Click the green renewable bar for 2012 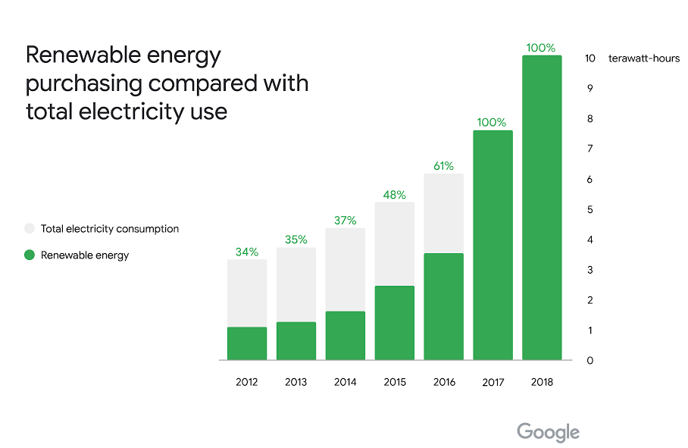pos(247,343)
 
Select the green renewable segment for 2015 pos(395,323)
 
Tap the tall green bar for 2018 pos(542,208)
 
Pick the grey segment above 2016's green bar pos(444,213)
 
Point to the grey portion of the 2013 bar pos(296,284)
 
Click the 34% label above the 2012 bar pos(247,252)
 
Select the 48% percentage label pos(395,194)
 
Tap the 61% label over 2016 pos(444,166)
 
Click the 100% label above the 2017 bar pos(493,122)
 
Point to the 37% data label pos(346,221)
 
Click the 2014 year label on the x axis pos(346,382)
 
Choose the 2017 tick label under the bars pos(493,382)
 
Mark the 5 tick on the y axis pos(589,210)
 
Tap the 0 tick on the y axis pos(589,361)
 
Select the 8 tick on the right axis pos(589,119)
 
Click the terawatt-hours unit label pos(644,58)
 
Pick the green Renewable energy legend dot pos(30,255)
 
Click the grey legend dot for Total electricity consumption pos(30,228)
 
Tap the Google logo pos(549,433)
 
